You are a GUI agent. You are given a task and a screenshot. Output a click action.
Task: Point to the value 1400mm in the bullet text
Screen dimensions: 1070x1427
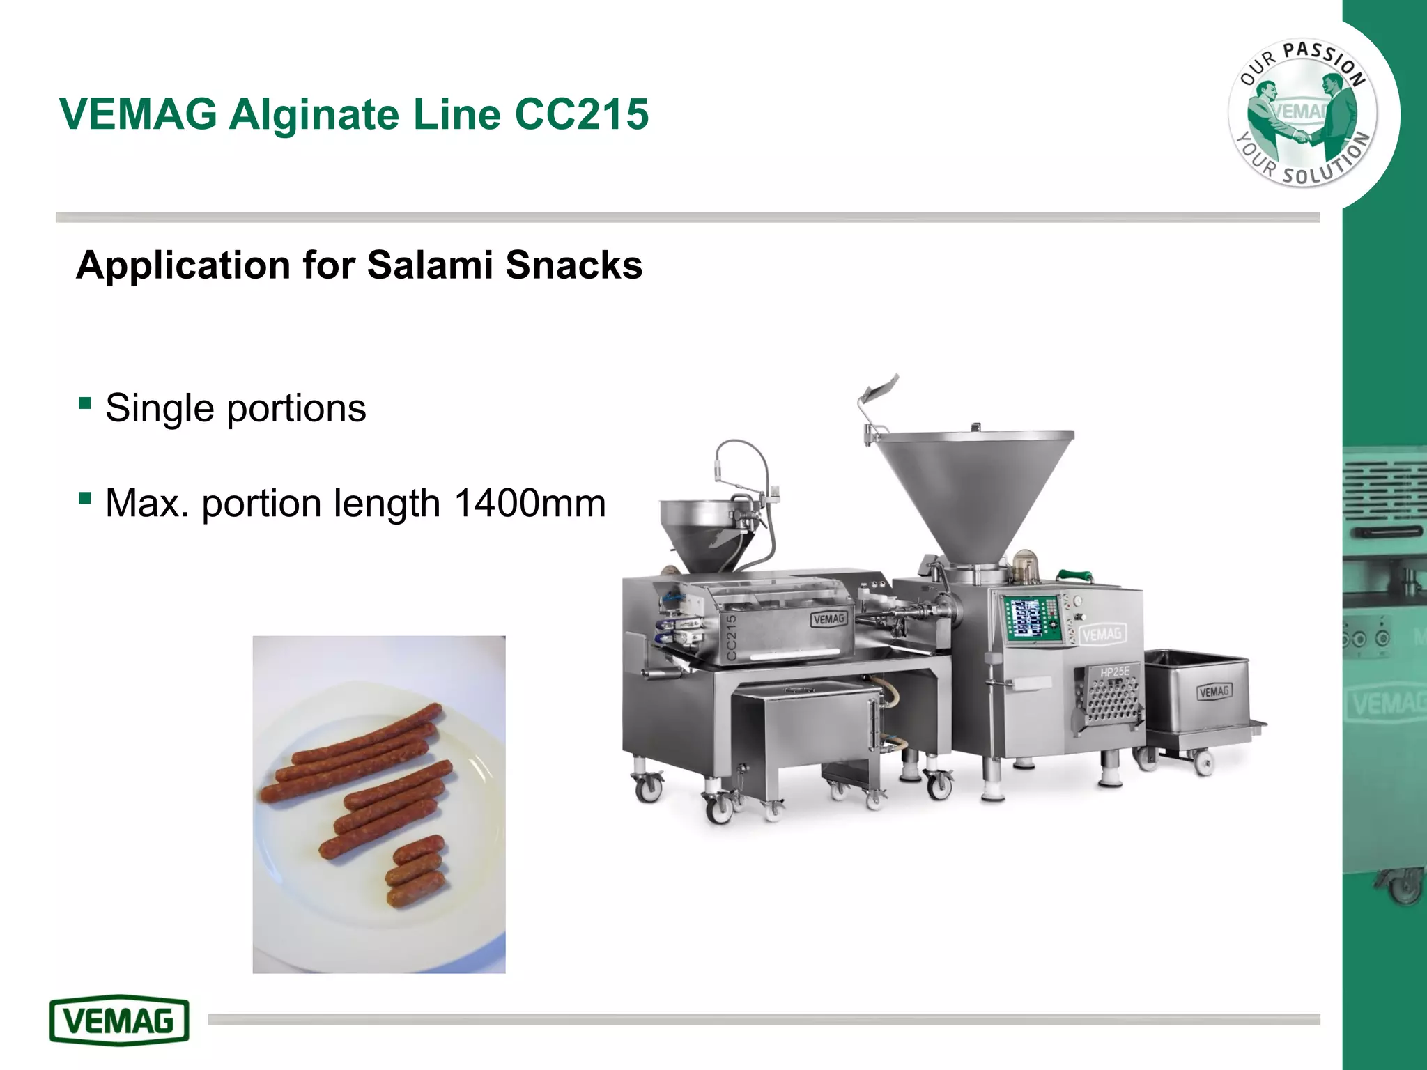530,503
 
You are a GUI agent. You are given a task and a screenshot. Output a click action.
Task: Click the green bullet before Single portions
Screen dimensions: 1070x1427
85,403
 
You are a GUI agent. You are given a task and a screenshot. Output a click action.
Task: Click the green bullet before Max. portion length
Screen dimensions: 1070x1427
85,498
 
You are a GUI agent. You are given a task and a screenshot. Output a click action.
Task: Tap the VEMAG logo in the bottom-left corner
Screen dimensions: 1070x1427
119,1021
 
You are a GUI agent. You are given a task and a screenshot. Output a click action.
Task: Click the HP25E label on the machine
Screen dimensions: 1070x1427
1114,672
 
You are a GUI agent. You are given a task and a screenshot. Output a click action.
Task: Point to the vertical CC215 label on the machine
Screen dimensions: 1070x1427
731,637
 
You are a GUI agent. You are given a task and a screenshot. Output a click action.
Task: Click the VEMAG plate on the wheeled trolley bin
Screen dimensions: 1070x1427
1214,692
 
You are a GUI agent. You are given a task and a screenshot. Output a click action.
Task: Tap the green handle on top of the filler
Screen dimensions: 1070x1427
1081,575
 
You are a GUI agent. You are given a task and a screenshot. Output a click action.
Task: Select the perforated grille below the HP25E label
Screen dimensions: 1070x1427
1111,700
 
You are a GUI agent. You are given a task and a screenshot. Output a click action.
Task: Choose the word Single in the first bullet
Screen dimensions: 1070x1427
160,408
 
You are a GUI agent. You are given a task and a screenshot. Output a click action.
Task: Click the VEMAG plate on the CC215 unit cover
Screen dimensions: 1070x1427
828,619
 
